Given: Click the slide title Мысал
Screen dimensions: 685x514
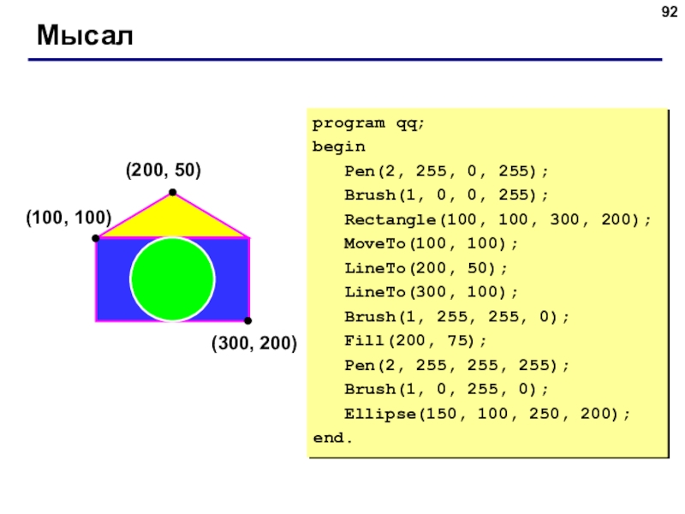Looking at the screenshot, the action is [85, 35].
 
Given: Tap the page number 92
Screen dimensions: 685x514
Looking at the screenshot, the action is [670, 12].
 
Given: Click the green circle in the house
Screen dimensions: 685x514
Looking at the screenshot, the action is [173, 279].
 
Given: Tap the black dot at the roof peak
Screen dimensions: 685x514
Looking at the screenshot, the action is [173, 192].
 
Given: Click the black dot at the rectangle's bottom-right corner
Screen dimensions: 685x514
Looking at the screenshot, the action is [247, 320].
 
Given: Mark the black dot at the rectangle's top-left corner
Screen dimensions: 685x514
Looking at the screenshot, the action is [96, 238].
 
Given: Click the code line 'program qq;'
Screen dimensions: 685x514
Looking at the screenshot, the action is [368, 123].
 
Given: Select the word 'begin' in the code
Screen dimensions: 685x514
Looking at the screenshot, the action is [338, 146].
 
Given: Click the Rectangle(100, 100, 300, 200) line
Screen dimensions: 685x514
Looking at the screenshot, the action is [497, 219].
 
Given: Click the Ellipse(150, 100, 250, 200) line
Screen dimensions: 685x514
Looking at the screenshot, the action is [487, 414].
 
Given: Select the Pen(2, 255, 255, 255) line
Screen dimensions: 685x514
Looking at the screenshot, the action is [457, 365].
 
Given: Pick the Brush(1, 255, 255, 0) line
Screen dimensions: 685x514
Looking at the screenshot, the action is [457, 316].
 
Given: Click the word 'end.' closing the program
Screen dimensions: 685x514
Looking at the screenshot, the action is [332, 438].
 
